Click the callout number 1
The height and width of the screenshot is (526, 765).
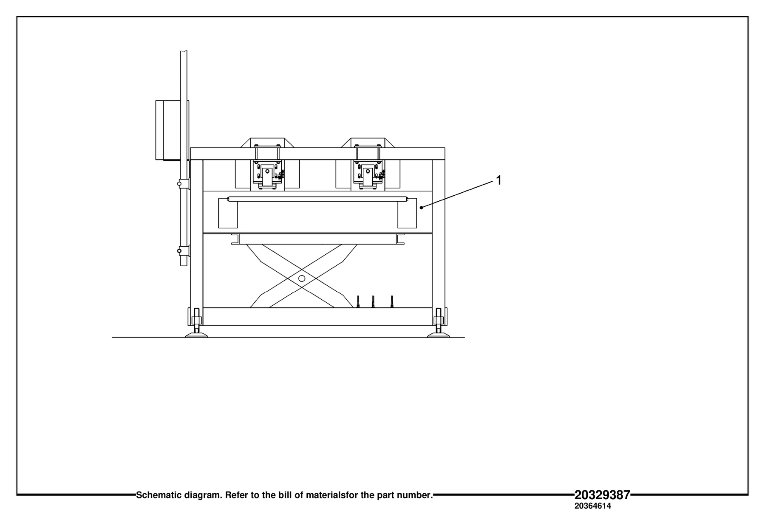pyautogui.click(x=499, y=180)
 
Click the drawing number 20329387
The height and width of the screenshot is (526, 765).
pyautogui.click(x=602, y=495)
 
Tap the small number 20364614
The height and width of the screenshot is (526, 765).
pyautogui.click(x=592, y=506)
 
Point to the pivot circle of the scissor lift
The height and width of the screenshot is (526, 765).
pyautogui.click(x=302, y=278)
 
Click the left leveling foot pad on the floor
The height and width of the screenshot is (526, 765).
pyautogui.click(x=196, y=335)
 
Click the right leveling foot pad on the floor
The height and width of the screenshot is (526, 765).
pyautogui.click(x=438, y=335)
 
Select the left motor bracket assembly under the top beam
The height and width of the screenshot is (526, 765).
pyautogui.click(x=267, y=174)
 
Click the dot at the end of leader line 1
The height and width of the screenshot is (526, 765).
pyautogui.click(x=421, y=208)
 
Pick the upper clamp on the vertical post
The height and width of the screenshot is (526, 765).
pyautogui.click(x=183, y=183)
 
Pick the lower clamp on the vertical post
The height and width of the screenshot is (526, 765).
pyautogui.click(x=183, y=251)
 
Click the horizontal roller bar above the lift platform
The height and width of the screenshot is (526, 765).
pyautogui.click(x=317, y=199)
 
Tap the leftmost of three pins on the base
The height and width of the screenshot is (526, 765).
pyautogui.click(x=358, y=302)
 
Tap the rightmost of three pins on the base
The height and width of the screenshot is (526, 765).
pyautogui.click(x=392, y=302)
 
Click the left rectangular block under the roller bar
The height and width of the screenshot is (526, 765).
pyautogui.click(x=228, y=213)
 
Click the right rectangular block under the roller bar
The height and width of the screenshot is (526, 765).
pyautogui.click(x=407, y=213)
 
